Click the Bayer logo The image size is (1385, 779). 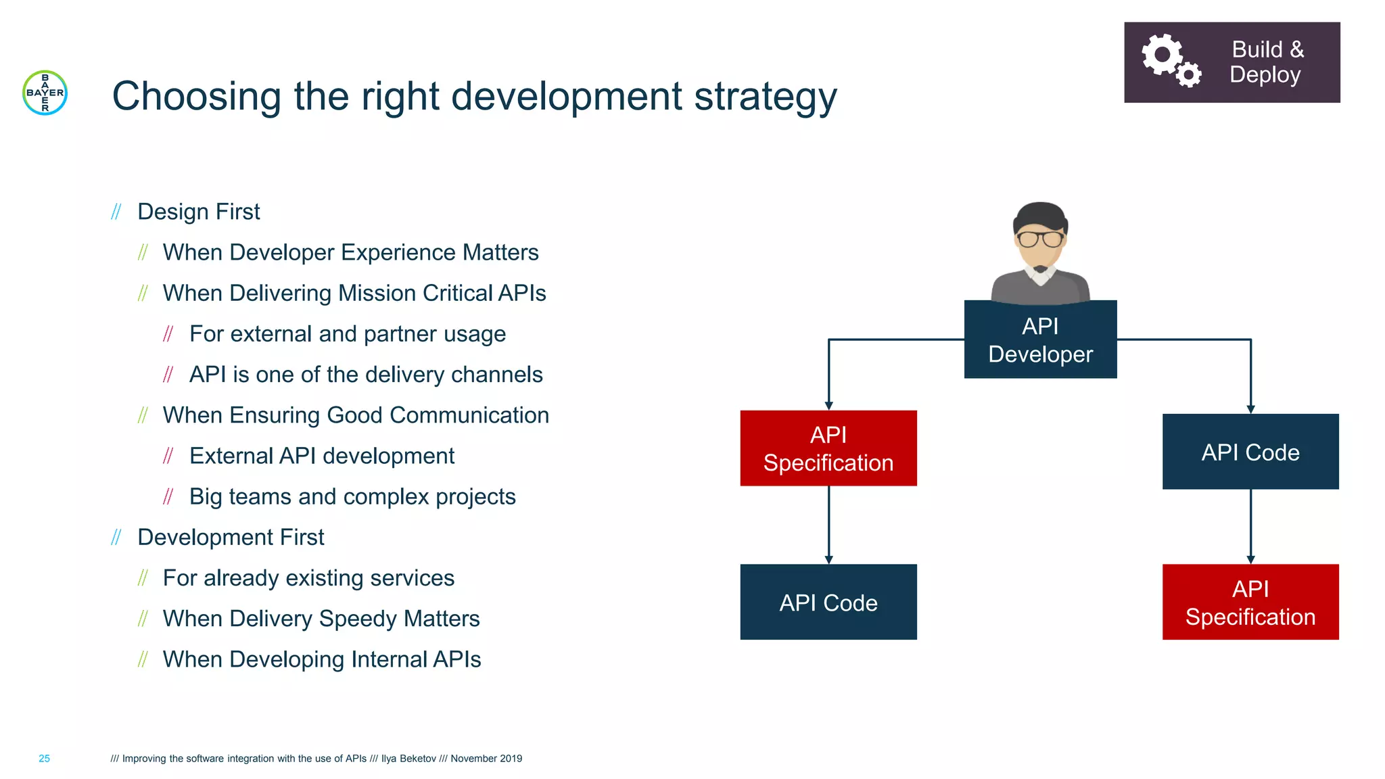click(x=45, y=93)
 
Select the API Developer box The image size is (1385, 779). click(x=1040, y=340)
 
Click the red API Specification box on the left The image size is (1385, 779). click(x=828, y=448)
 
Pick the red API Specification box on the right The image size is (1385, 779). click(x=1250, y=602)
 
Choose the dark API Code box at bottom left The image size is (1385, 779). click(x=828, y=602)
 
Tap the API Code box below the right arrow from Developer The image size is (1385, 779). click(x=1250, y=452)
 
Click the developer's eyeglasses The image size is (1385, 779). click(x=1040, y=239)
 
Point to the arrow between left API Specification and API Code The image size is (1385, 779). click(x=828, y=525)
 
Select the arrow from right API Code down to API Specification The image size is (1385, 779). click(x=1250, y=526)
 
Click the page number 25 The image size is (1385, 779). click(x=44, y=759)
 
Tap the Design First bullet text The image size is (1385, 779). click(x=198, y=212)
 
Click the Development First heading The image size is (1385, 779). click(x=231, y=537)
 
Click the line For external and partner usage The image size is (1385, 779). click(x=347, y=334)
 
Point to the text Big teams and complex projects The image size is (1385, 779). click(x=352, y=497)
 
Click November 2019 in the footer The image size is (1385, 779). click(x=486, y=759)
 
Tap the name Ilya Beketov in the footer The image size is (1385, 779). click(x=408, y=759)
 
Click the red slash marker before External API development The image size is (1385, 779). click(x=168, y=456)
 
